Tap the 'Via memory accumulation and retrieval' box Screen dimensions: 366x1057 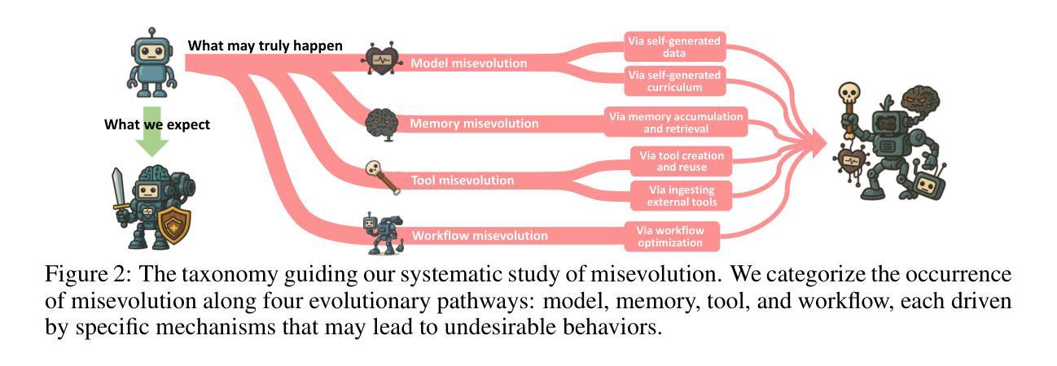point(676,123)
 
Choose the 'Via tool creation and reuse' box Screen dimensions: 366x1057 point(681,160)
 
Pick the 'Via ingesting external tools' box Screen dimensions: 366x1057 point(681,195)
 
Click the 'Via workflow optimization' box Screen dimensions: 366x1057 point(669,236)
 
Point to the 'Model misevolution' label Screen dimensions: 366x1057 point(468,63)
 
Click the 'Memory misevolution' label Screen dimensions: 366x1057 point(474,124)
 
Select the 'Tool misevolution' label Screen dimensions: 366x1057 point(462,181)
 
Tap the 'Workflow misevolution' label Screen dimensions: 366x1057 point(480,236)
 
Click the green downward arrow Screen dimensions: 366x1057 point(151,131)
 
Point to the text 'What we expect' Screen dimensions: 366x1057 point(157,124)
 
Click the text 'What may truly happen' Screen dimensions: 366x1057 point(265,46)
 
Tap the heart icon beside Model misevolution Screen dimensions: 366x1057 point(381,59)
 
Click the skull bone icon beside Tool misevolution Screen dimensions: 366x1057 point(383,176)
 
